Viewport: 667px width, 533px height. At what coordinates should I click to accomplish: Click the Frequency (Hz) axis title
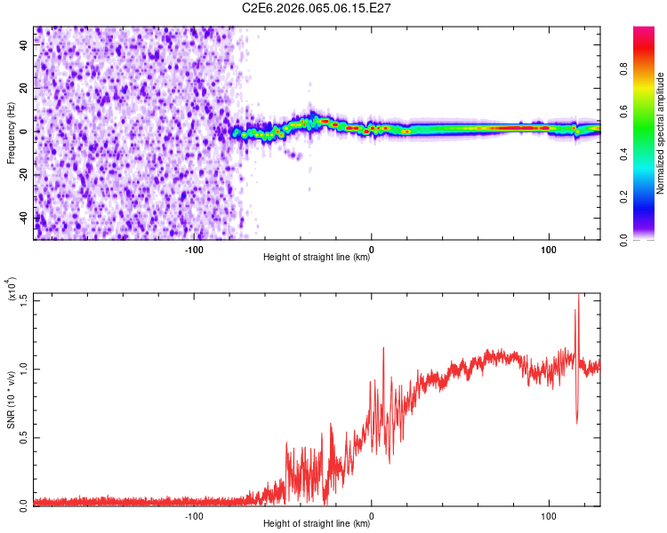click(x=11, y=132)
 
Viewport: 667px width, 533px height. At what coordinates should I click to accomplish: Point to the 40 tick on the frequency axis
click(x=25, y=46)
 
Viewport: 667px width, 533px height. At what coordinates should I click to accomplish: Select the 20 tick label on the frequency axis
click(x=25, y=89)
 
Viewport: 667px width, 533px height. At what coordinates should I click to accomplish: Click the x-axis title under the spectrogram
click(x=317, y=258)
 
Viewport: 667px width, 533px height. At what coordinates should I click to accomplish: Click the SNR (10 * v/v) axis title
click(x=11, y=399)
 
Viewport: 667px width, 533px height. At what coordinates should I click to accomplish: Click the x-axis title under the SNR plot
click(x=317, y=524)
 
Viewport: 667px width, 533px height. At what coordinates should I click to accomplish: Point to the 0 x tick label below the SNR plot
click(x=372, y=516)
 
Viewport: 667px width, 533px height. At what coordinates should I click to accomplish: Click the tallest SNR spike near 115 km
click(x=579, y=298)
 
